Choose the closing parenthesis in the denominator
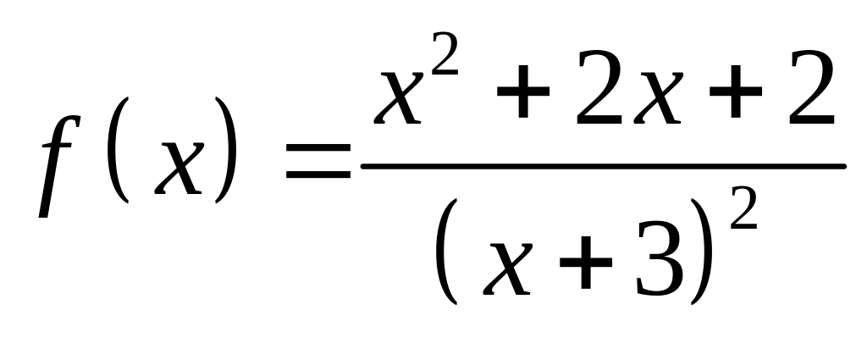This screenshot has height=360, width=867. point(702,252)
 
